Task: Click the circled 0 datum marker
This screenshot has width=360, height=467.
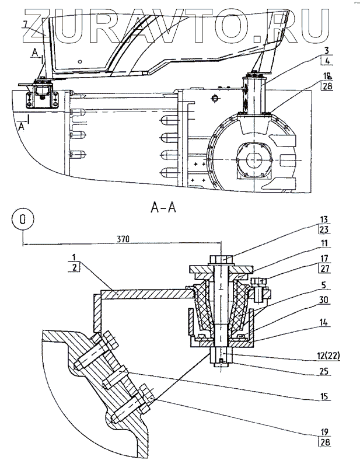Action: (23, 219)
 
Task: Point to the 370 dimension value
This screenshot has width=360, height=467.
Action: (123, 239)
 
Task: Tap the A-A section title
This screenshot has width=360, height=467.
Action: (163, 208)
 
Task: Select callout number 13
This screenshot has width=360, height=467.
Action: (324, 219)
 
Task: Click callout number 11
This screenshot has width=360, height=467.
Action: (324, 243)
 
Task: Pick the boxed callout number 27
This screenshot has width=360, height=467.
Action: (325, 269)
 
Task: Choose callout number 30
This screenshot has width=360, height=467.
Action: (324, 299)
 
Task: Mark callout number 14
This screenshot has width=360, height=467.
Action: (324, 322)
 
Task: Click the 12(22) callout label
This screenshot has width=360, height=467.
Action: (327, 356)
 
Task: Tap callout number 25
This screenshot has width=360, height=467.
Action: (324, 371)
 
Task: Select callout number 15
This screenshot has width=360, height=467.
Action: (324, 396)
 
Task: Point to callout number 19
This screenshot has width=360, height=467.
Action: (324, 431)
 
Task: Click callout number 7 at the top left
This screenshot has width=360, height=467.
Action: (26, 24)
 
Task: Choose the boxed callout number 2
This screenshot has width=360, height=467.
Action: (74, 267)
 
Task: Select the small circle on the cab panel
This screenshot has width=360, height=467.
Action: (79, 62)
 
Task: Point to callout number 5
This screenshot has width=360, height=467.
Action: (324, 285)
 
